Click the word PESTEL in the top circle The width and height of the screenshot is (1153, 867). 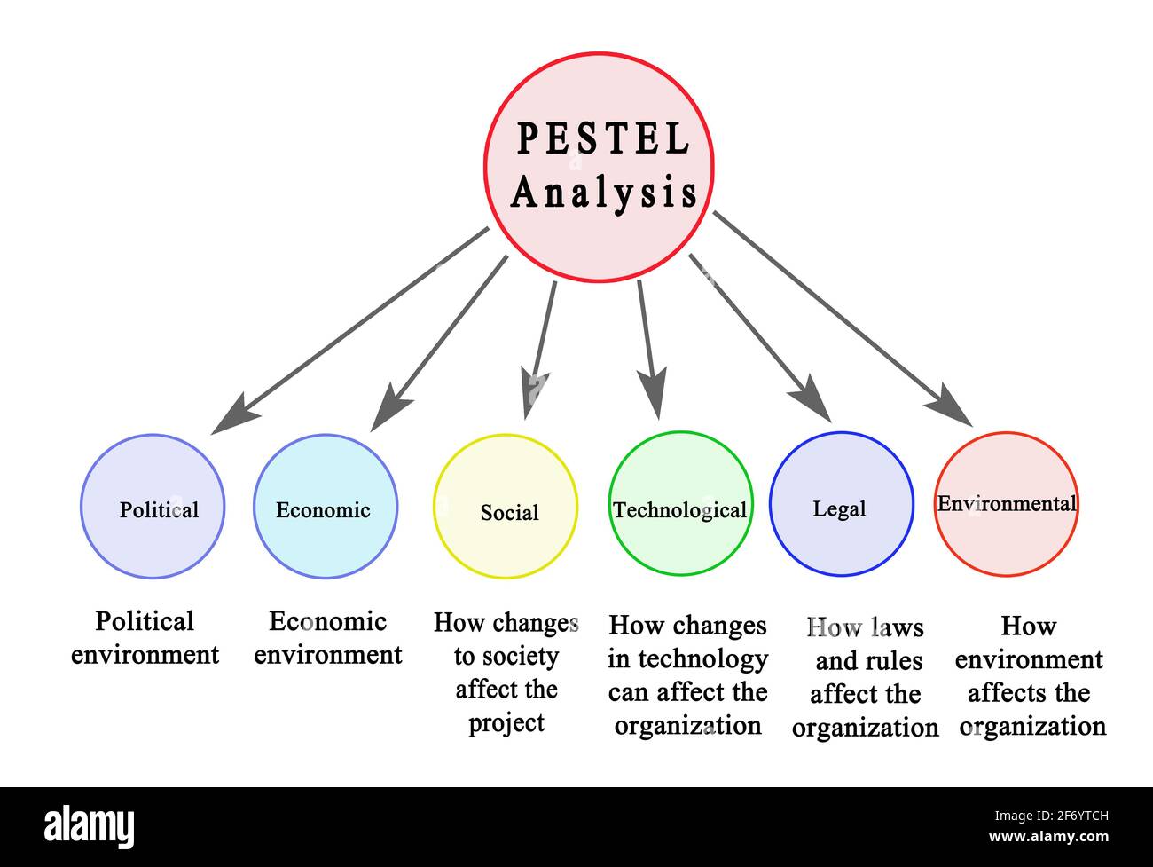pos(603,139)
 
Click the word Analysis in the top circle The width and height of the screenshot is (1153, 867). pos(604,193)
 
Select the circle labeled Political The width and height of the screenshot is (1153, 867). pos(153,507)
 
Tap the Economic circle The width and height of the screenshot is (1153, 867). pos(325,507)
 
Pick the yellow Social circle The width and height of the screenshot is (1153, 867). pos(506,507)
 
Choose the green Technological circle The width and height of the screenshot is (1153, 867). pos(680,503)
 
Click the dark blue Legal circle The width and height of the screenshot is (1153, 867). pos(841,504)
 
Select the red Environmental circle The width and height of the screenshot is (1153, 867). pos(1006,504)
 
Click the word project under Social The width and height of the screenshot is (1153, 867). pos(506,723)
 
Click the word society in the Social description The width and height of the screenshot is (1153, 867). pos(519,657)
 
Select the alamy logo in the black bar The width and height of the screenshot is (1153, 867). pos(90,826)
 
